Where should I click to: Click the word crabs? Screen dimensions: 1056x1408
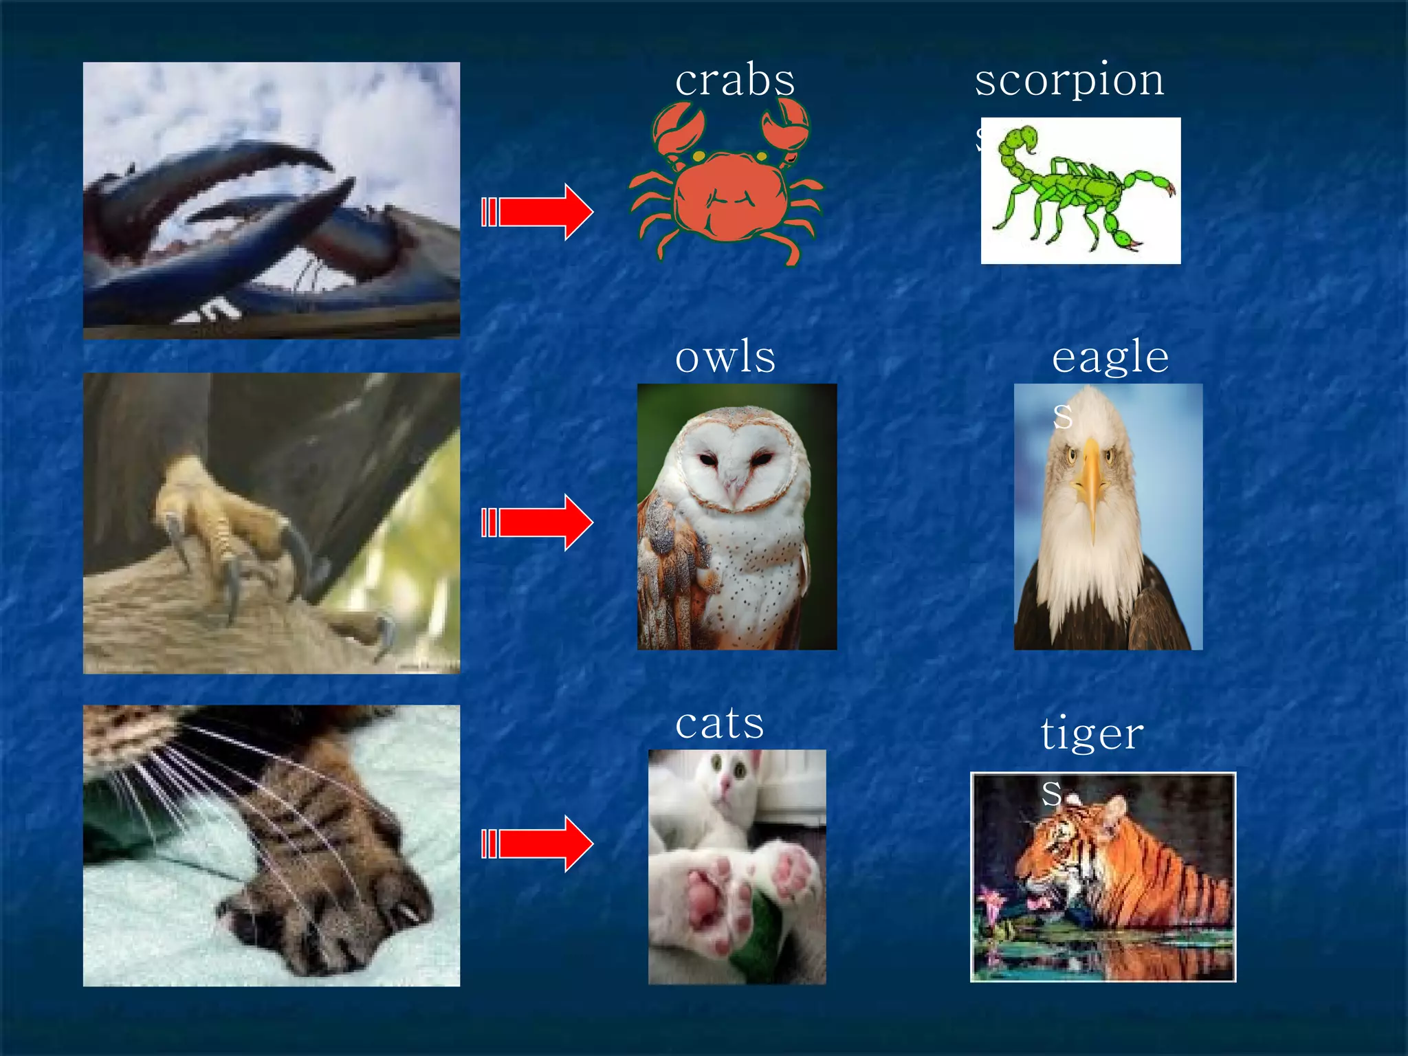[734, 80]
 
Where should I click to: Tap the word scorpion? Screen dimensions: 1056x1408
[1069, 80]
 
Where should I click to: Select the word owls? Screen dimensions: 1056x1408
[725, 357]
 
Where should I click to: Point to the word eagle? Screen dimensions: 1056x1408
[1110, 357]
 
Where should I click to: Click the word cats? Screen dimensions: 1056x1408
[719, 723]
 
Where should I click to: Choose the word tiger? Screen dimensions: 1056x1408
[1092, 734]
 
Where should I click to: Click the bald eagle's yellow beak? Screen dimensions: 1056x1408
[1091, 481]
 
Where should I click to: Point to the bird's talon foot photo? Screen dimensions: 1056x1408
[271, 523]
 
